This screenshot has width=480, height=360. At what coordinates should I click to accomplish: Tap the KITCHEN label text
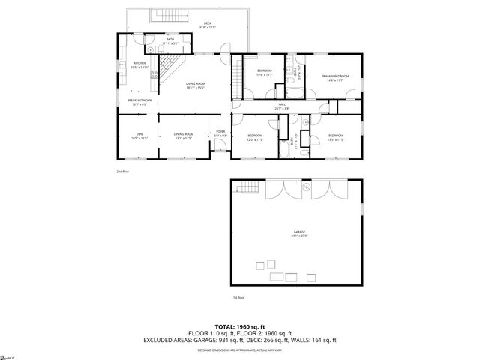point(140,63)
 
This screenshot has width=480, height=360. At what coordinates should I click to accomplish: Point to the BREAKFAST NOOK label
point(139,100)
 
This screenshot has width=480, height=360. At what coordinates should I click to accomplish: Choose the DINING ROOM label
point(184,134)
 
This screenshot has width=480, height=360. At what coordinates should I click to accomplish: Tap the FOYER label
point(220,131)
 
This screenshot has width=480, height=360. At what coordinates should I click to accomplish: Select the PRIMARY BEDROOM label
point(335,76)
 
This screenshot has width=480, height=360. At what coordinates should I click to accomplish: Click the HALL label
point(282,104)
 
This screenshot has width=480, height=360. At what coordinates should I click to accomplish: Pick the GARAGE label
point(298,234)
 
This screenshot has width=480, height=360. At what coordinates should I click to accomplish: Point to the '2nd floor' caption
point(123,172)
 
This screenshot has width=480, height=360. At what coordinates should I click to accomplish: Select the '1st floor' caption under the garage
point(238,297)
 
